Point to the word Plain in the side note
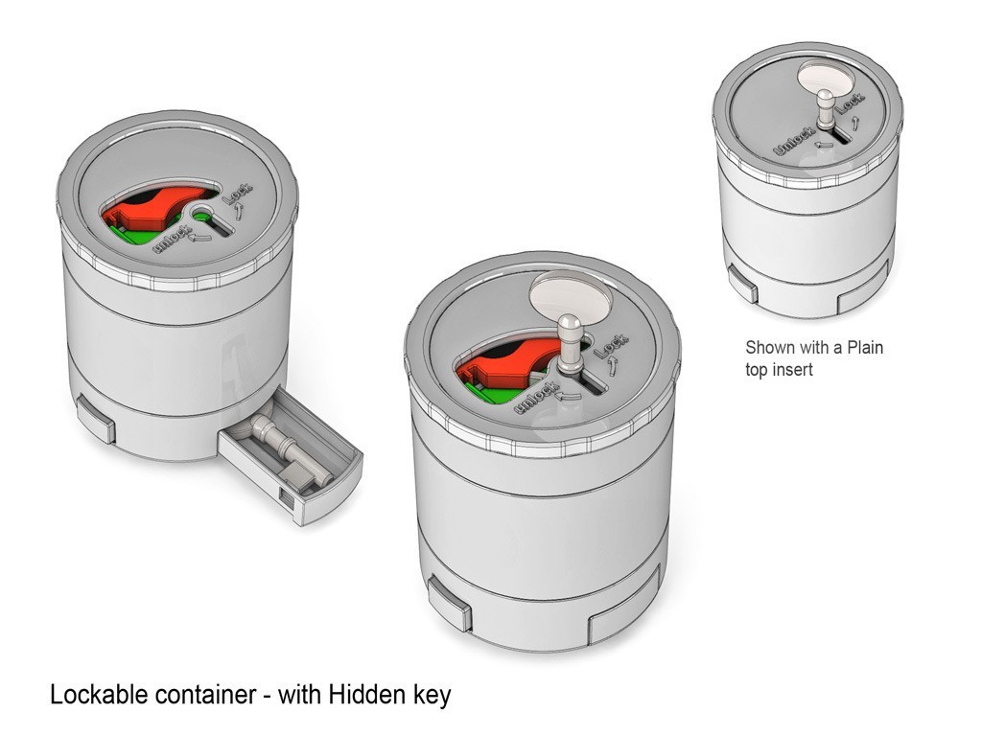pyautogui.click(x=865, y=347)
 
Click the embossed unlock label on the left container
pyautogui.click(x=173, y=239)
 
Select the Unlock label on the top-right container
pyautogui.click(x=795, y=140)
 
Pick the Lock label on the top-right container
pyautogui.click(x=851, y=102)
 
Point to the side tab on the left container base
pyautogui.click(x=96, y=419)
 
